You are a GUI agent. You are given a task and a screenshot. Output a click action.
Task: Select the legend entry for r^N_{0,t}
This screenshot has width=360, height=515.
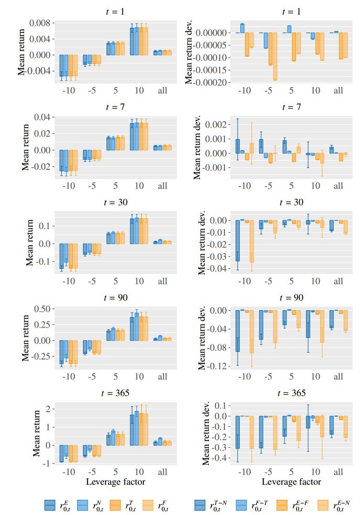point(95,505)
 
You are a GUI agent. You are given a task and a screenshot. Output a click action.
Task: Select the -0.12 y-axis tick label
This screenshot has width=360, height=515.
point(217,366)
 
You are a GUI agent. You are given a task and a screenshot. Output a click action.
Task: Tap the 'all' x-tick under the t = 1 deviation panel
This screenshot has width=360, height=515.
point(338,91)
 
